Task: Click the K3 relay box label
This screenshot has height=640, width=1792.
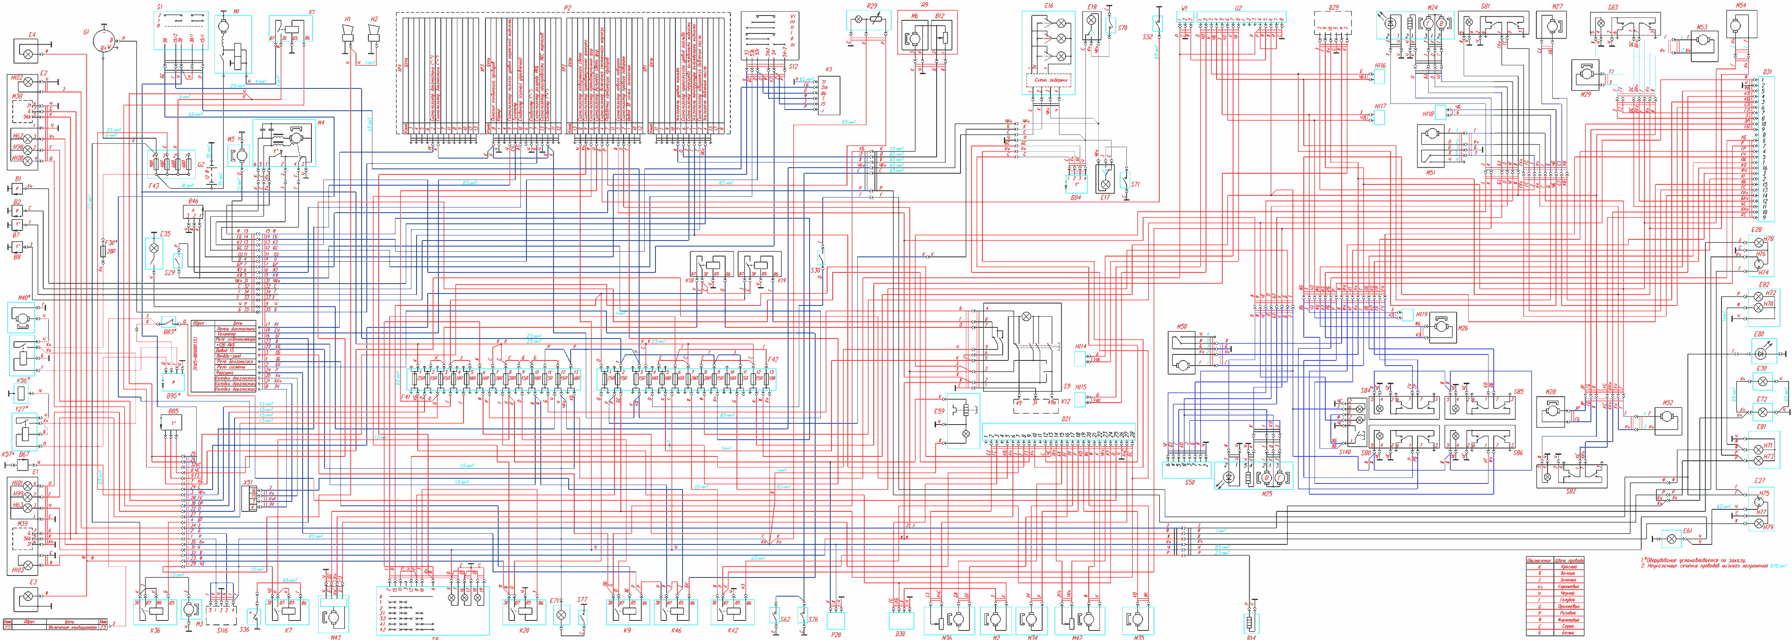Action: click(829, 70)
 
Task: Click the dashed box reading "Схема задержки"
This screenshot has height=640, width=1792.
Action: click(1050, 81)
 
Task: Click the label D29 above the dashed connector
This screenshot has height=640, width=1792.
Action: click(1334, 8)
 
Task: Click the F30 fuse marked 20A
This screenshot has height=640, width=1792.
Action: click(103, 249)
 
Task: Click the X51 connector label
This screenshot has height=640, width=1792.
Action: click(248, 481)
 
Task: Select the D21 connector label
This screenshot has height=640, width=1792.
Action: click(1066, 419)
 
